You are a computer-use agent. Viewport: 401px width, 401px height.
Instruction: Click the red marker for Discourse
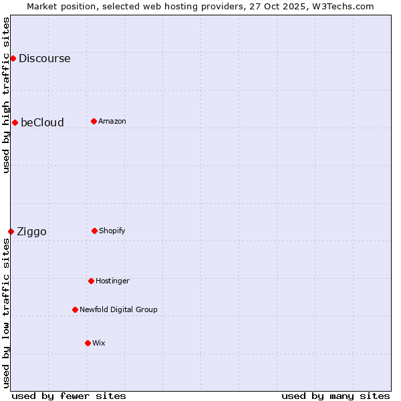pos(13,58)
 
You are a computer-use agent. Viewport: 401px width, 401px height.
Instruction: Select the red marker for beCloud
pos(15,122)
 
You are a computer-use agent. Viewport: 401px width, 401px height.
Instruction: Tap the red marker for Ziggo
pos(11,231)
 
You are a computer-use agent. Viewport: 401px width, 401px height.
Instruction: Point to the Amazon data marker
pos(94,121)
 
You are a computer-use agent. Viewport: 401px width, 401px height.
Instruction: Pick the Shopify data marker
pos(94,231)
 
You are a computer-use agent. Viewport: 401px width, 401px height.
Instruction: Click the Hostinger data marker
pos(91,281)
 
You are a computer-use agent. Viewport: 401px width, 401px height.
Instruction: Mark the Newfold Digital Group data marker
pos(75,309)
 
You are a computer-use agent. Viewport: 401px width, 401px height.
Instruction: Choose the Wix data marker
pos(88,343)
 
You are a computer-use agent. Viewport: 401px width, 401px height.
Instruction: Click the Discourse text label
pos(44,58)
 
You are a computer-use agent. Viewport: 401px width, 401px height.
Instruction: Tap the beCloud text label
pos(42,122)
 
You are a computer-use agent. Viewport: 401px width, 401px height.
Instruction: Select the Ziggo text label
pos(31,232)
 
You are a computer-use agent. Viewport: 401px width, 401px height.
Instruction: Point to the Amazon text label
pos(112,121)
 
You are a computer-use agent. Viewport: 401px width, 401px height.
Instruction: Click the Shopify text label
pos(112,231)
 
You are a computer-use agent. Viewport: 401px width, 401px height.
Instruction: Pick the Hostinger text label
pos(112,281)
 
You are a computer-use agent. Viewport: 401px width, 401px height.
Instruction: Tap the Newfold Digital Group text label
pos(118,309)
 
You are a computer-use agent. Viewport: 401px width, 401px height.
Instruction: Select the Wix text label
pos(99,343)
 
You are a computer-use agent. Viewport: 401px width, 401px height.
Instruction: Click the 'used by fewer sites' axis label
pos(69,396)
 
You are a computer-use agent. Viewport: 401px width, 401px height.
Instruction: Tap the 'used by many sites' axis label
pos(336,396)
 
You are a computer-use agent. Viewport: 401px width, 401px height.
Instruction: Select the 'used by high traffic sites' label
pos(6,95)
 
